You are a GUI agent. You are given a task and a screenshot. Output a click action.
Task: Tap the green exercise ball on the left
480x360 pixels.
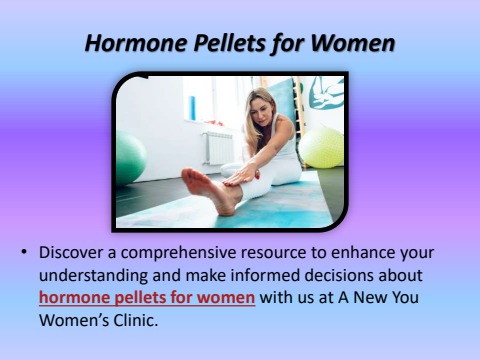[129, 158]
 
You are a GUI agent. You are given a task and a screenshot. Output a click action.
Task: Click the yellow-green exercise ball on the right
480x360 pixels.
[322, 146]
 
